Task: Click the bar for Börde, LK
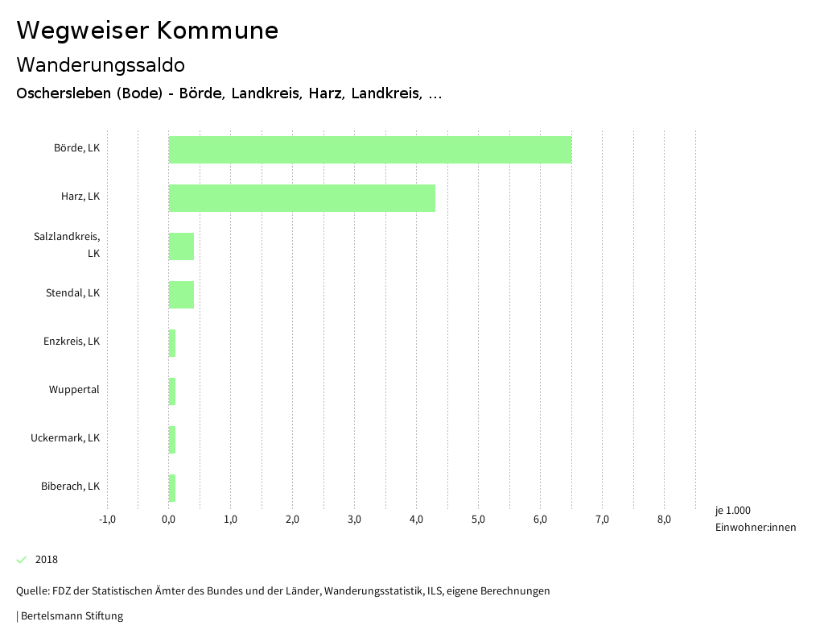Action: tap(369, 150)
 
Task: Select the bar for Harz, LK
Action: tap(302, 198)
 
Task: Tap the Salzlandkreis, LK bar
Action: tap(181, 246)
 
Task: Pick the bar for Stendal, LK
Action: tap(181, 295)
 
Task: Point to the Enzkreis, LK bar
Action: tap(172, 343)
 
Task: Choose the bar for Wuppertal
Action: tap(172, 391)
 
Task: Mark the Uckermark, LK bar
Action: tap(172, 440)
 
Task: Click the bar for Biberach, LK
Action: tap(172, 488)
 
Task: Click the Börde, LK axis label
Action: tap(76, 148)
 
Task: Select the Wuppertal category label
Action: tap(74, 390)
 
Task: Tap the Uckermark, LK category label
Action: tap(65, 438)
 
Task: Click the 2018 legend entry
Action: tap(46, 560)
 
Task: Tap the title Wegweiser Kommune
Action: tap(147, 31)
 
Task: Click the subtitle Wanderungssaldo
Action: tap(101, 64)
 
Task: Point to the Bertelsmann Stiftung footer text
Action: tap(71, 616)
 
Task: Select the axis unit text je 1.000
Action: tap(732, 511)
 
